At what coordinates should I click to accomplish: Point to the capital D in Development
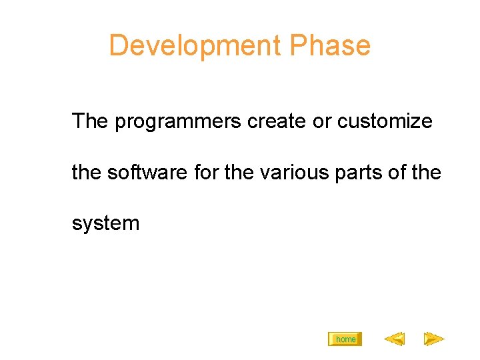[117, 46]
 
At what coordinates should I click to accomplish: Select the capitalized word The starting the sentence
[90, 121]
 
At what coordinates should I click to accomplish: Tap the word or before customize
[322, 122]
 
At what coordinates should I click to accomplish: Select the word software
[148, 172]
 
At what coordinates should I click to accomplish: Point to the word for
[207, 172]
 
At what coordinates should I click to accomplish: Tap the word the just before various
[239, 172]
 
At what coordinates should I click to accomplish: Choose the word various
[291, 173]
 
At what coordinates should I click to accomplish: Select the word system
[106, 223]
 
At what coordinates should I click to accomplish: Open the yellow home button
[345, 339]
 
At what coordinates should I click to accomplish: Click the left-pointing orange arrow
[394, 339]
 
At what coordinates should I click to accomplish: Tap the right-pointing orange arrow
[434, 339]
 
